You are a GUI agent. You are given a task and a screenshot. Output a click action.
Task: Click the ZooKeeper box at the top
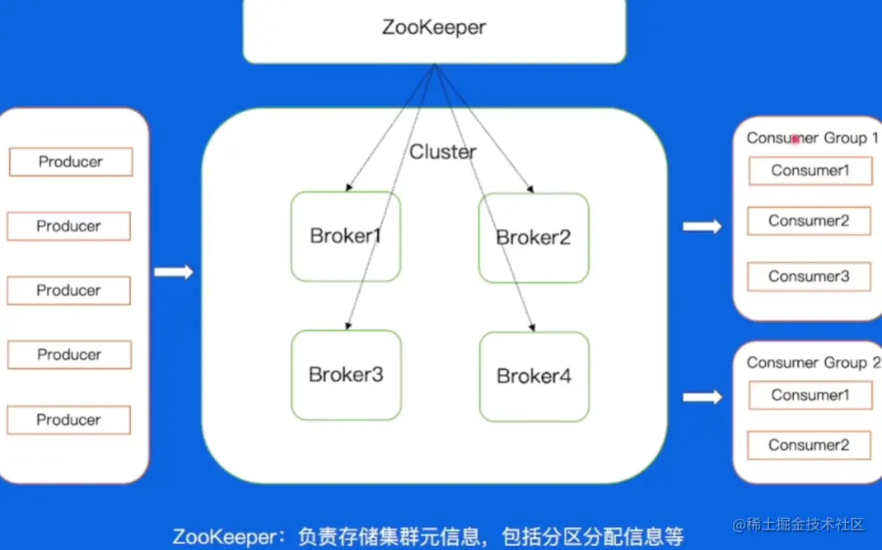click(434, 29)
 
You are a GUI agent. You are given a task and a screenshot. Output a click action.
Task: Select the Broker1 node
click(346, 236)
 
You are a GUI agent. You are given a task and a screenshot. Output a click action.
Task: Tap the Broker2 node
click(534, 237)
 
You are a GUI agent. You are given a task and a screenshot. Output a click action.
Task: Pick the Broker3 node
click(346, 375)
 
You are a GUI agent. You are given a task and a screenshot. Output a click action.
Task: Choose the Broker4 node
click(534, 376)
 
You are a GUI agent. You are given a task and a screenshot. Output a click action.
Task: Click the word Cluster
click(443, 152)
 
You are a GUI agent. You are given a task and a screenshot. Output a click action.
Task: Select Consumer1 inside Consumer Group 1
click(810, 171)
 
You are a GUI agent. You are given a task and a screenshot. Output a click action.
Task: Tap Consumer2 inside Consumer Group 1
click(809, 221)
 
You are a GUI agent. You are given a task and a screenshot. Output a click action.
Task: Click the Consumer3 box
click(809, 277)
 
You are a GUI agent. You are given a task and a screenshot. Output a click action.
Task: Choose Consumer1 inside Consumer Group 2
click(810, 395)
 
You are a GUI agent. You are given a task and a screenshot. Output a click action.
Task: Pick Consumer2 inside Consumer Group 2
click(809, 445)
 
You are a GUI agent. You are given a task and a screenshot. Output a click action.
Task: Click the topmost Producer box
click(71, 162)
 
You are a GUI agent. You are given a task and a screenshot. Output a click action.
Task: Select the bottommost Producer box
click(69, 420)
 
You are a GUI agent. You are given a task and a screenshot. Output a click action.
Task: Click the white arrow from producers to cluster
click(173, 272)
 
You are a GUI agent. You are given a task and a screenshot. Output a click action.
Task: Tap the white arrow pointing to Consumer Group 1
click(702, 226)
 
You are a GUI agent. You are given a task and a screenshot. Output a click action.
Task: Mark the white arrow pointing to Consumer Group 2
click(702, 398)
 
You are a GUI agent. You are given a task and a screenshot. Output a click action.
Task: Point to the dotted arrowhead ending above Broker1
click(349, 188)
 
